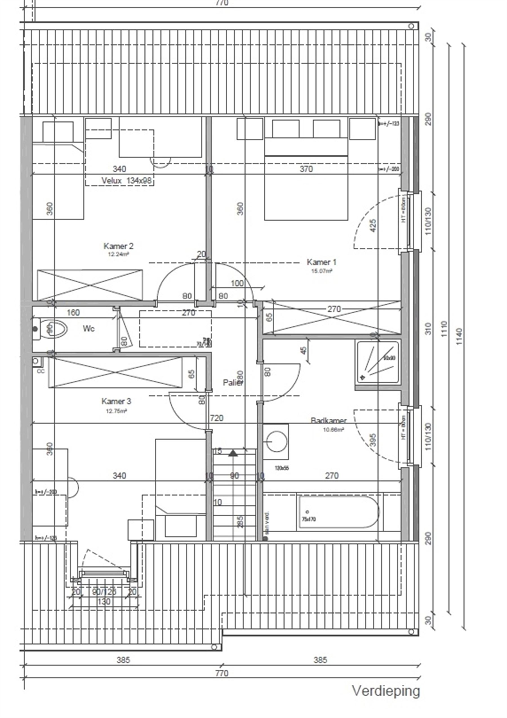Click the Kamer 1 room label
click(321, 262)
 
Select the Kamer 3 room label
click(116, 401)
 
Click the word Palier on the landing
click(233, 383)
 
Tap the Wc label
click(88, 329)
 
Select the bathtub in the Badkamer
click(338, 512)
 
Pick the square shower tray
click(378, 362)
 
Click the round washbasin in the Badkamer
click(277, 442)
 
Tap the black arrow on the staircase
click(233, 453)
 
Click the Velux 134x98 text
click(126, 180)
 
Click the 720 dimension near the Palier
click(217, 418)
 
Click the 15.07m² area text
click(321, 271)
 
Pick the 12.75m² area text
click(116, 411)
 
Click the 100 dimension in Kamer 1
click(237, 283)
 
